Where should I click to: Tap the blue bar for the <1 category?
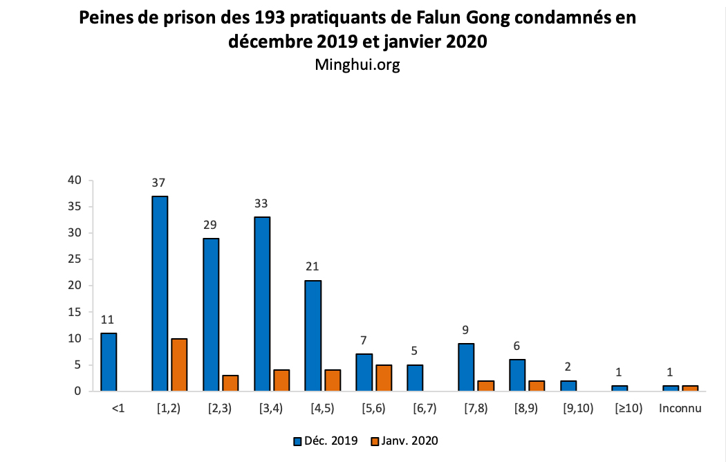[x=109, y=362]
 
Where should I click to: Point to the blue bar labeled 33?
[x=262, y=304]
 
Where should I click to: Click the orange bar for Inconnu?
[x=690, y=388]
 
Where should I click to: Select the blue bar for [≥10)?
[x=620, y=388]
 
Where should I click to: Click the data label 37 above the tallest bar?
[x=159, y=183]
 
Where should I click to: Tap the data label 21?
[x=313, y=267]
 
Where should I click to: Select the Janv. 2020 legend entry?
[x=404, y=440]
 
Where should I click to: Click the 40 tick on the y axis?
[x=75, y=181]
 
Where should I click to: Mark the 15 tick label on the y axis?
[x=75, y=312]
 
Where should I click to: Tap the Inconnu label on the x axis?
[x=680, y=408]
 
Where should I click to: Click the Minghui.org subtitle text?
[x=357, y=64]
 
